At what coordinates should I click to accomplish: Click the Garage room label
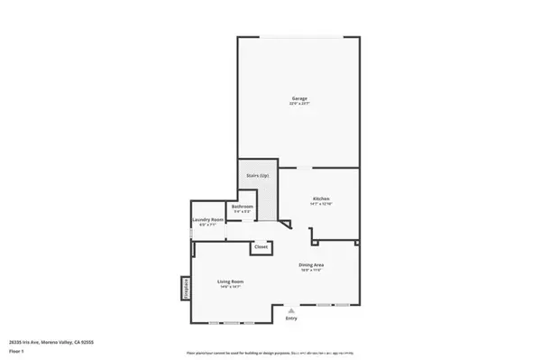(299, 97)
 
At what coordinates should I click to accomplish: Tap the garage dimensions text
(299, 104)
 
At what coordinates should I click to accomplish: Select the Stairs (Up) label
(258, 174)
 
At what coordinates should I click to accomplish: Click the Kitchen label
(321, 198)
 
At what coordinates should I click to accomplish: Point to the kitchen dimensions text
(321, 204)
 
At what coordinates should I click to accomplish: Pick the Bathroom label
(243, 207)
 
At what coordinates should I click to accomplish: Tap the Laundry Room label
(207, 219)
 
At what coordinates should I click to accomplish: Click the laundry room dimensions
(207, 226)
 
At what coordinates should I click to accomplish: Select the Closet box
(261, 246)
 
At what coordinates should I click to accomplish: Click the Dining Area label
(311, 263)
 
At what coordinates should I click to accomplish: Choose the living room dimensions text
(231, 287)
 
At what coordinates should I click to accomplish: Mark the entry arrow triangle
(291, 310)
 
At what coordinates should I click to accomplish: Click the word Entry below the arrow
(291, 318)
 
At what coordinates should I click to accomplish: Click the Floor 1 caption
(17, 349)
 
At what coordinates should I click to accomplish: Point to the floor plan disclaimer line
(270, 352)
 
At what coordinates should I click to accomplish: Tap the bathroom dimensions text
(243, 212)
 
